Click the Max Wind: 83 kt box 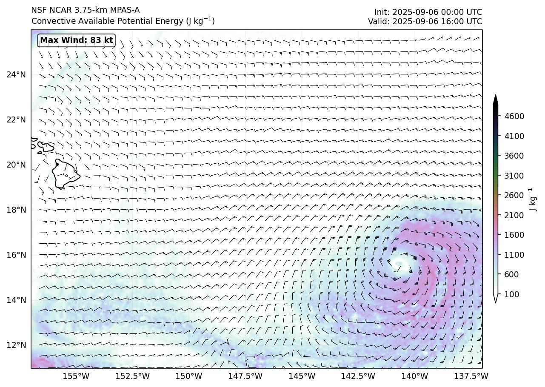[x=77, y=40]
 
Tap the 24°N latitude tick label [x=16, y=75]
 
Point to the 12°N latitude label [x=16, y=345]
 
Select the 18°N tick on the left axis [x=16, y=210]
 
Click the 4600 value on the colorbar [x=514, y=116]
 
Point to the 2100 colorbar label [x=514, y=215]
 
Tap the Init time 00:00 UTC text [x=428, y=12]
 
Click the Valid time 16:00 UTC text [x=425, y=21]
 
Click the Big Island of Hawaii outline [x=65, y=174]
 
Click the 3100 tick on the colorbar [x=514, y=176]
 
